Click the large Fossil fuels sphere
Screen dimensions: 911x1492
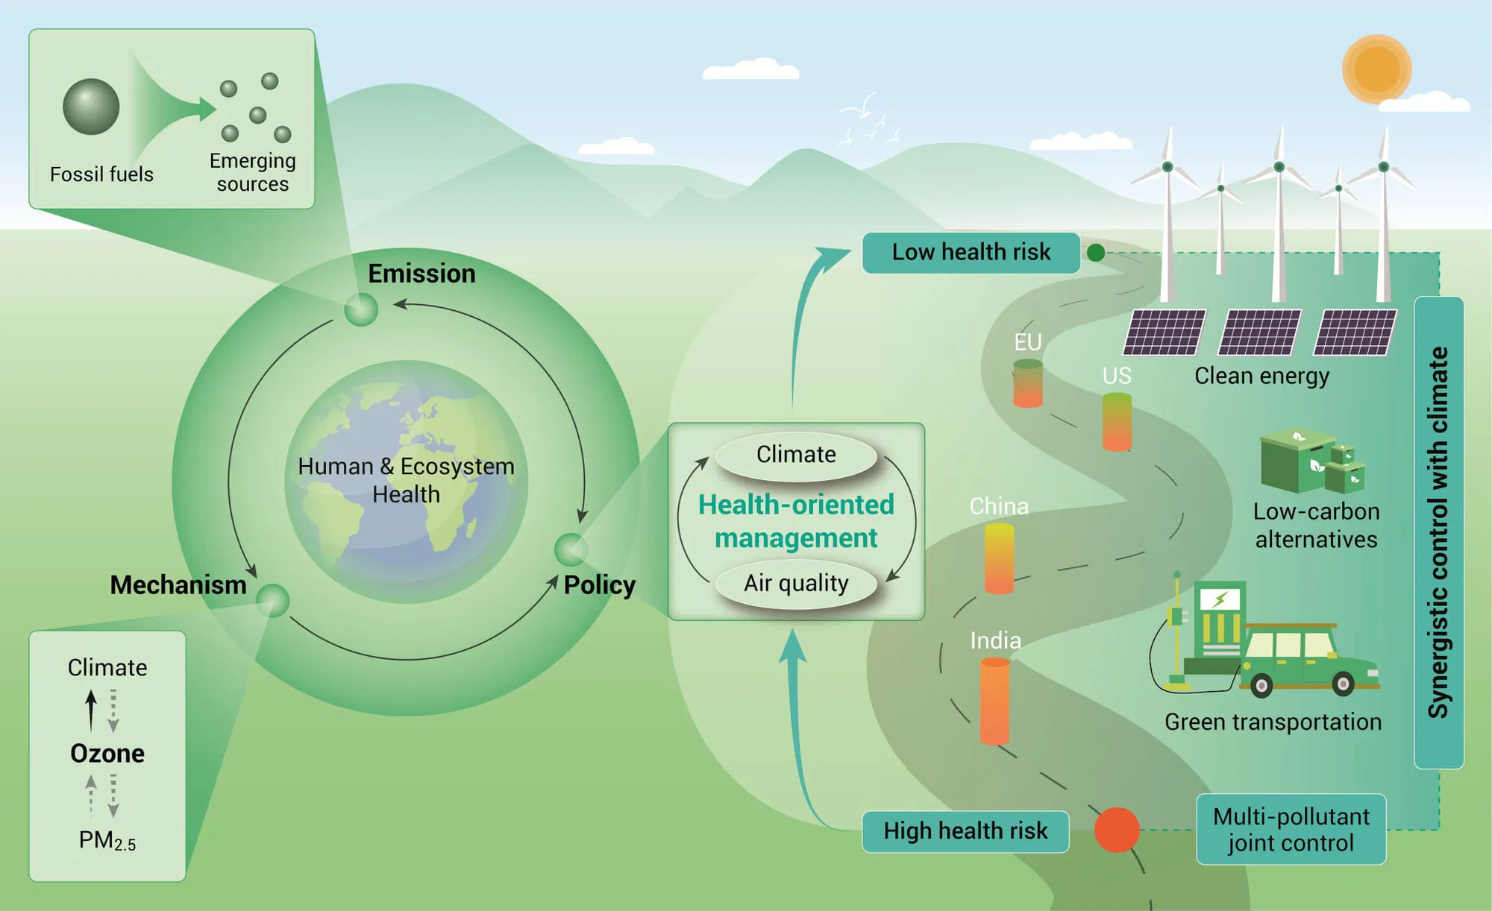click(x=91, y=107)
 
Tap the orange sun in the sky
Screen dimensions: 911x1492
click(x=1376, y=69)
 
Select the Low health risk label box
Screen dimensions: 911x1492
click(x=971, y=253)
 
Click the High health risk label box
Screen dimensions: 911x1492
click(x=965, y=831)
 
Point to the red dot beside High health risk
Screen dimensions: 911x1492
click(x=1116, y=830)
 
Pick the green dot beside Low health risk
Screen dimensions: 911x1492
click(x=1096, y=253)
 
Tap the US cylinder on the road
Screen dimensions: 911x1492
click(x=1117, y=422)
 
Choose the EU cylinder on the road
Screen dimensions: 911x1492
click(x=1027, y=383)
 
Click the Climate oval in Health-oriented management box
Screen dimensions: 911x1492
click(x=796, y=455)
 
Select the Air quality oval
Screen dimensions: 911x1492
click(x=796, y=583)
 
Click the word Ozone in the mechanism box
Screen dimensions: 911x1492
click(x=107, y=754)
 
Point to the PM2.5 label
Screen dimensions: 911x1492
click(x=107, y=841)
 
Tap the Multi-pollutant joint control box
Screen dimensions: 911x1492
click(x=1291, y=829)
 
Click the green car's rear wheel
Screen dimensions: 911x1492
click(x=1261, y=684)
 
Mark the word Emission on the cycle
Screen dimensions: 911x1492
click(x=421, y=274)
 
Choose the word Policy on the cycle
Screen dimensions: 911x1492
click(x=599, y=585)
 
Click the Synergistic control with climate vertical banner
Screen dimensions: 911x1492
click(x=1438, y=532)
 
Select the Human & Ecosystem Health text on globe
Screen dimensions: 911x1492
click(x=406, y=480)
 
